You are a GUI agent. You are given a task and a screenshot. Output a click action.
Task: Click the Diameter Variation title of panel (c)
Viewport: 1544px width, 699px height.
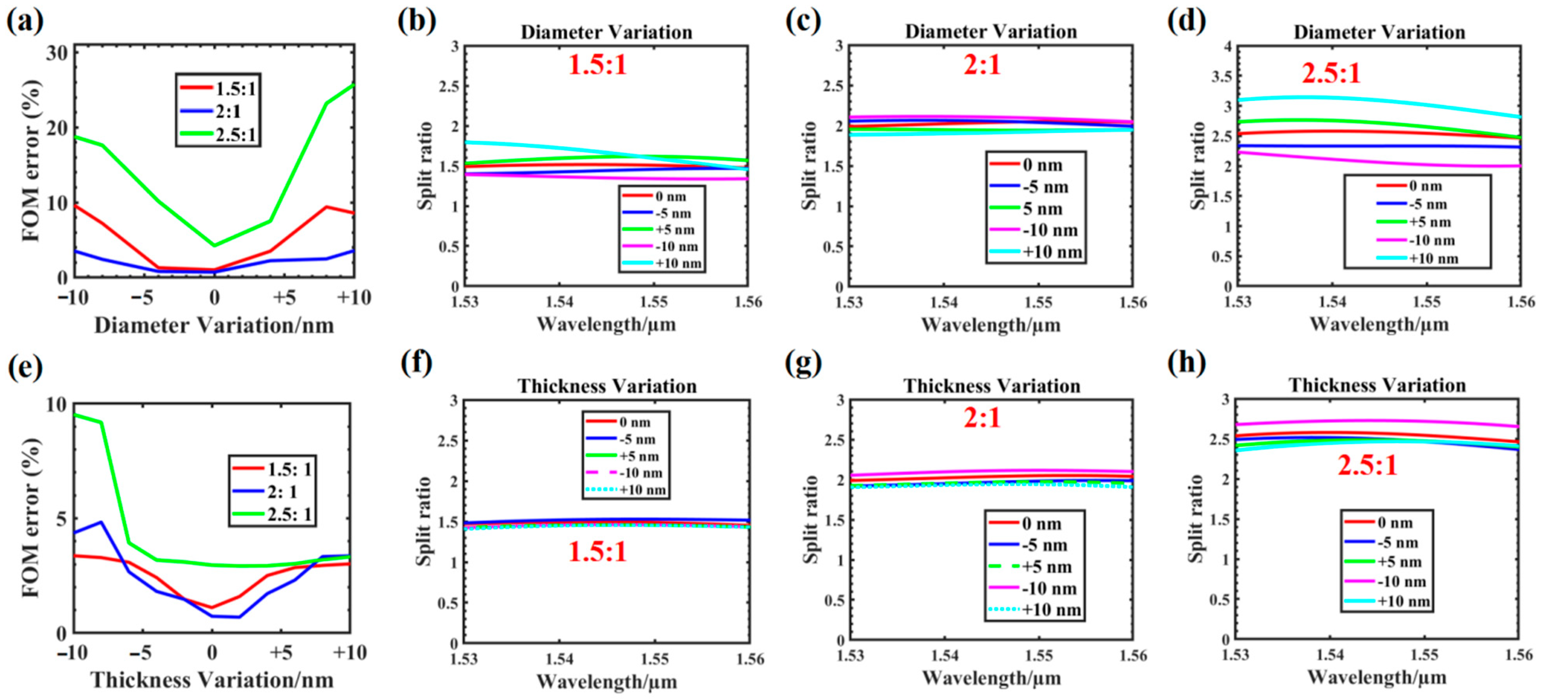coord(991,31)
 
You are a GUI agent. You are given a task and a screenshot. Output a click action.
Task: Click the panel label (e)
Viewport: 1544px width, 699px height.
coord(25,367)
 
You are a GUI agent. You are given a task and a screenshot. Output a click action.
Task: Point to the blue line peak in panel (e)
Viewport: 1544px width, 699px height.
coord(101,522)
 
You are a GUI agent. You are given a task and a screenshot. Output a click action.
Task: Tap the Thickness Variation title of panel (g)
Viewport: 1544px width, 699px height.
coord(992,385)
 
